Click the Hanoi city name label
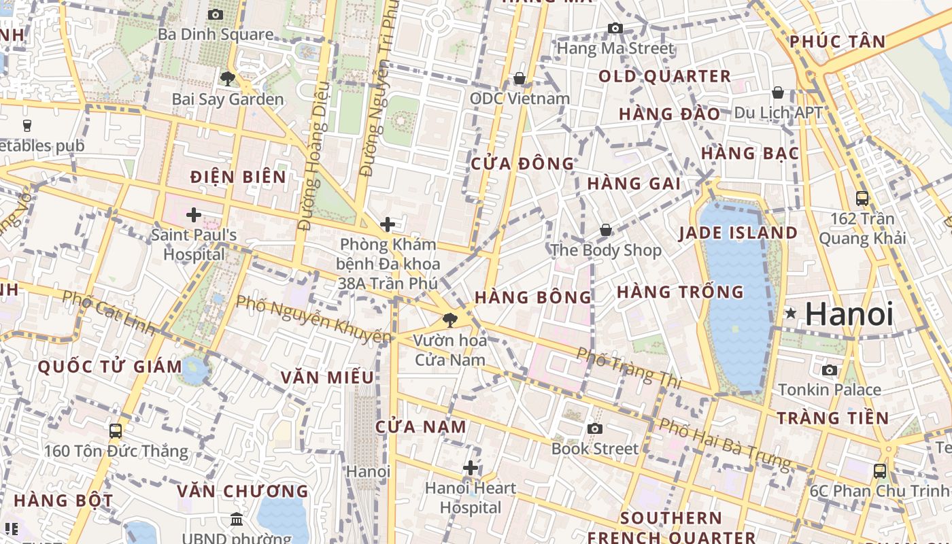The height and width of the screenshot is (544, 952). point(849,314)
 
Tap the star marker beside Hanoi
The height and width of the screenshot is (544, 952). point(791,313)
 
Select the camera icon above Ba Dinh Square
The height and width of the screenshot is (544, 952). point(216,14)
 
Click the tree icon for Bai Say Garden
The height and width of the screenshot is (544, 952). point(228,79)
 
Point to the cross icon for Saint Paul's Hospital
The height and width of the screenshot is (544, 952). point(194,215)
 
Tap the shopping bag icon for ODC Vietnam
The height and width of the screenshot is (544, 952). point(520,78)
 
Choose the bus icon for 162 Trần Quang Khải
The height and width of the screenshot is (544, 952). point(862,199)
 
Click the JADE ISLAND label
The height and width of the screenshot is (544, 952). point(738,233)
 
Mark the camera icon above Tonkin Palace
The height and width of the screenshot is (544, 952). point(830,370)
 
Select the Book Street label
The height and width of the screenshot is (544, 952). point(595,449)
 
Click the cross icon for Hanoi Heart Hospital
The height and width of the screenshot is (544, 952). point(471,468)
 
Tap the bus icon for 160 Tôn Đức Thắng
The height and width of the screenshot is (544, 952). point(116,430)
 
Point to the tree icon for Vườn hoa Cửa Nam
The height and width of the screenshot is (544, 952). point(449,320)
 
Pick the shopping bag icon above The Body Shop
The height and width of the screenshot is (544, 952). point(605,231)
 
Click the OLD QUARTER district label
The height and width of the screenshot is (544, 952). point(664,76)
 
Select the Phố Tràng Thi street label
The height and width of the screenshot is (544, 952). point(628,368)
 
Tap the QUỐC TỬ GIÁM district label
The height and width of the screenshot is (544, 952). point(110,367)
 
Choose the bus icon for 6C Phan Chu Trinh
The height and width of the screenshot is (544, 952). point(880,471)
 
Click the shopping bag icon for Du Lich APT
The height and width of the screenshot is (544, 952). point(778,92)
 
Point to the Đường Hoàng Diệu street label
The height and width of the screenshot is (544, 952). point(313,156)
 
